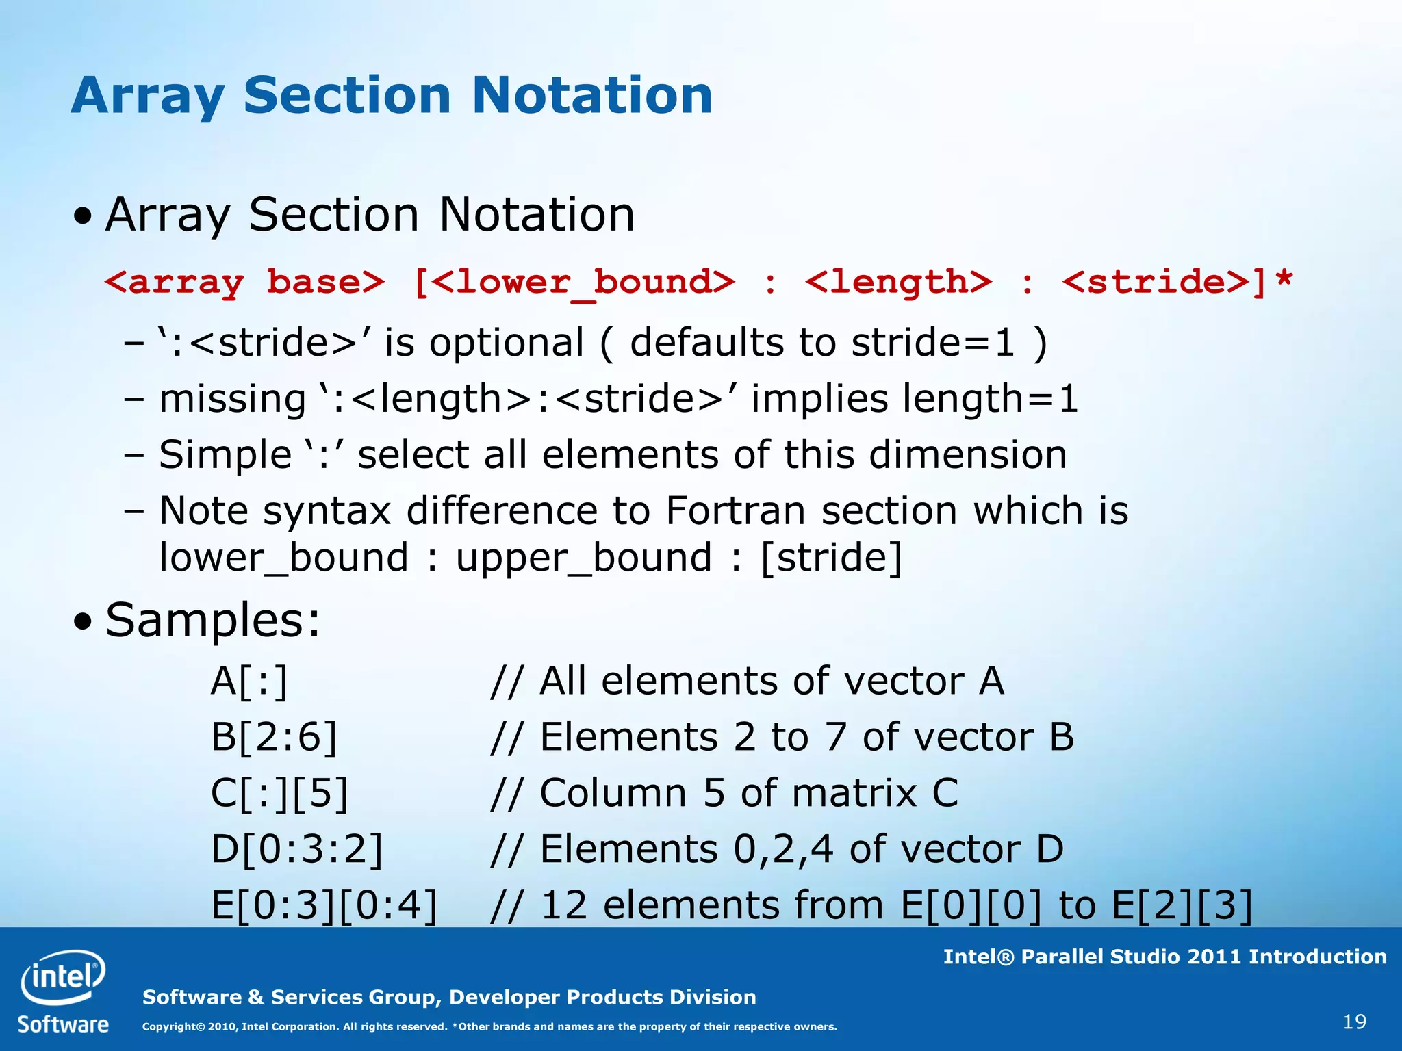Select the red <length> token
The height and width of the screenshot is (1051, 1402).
(898, 282)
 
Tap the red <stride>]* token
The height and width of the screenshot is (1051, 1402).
(1177, 282)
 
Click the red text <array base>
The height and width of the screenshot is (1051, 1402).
(244, 282)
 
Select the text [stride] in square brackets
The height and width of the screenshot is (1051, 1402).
(832, 557)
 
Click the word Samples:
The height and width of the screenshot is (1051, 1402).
(213, 620)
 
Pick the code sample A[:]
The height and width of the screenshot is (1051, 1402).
(249, 682)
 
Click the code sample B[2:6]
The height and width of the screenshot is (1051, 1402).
(274, 737)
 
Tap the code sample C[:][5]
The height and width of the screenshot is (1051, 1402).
(279, 793)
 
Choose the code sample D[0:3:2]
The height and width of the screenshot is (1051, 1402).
(296, 849)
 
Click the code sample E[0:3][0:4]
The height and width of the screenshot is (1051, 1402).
(324, 905)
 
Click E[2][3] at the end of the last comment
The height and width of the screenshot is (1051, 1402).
(1182, 905)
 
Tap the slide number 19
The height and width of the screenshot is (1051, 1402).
(1355, 1022)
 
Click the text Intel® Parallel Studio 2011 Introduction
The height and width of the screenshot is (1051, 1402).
(1164, 957)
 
